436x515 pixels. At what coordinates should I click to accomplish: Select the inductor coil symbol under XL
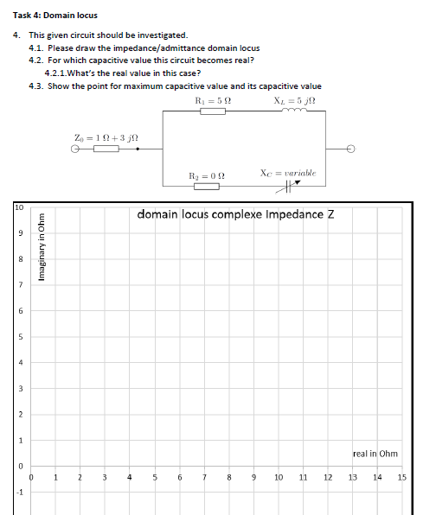[287, 111]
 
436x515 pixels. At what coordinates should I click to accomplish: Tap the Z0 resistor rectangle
[106, 149]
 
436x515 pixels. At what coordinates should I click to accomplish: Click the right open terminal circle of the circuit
[351, 149]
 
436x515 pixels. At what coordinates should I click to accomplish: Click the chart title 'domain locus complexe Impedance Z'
[236, 214]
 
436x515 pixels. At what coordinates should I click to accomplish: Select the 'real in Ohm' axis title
[375, 453]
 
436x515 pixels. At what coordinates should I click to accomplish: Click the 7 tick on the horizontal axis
[203, 477]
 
